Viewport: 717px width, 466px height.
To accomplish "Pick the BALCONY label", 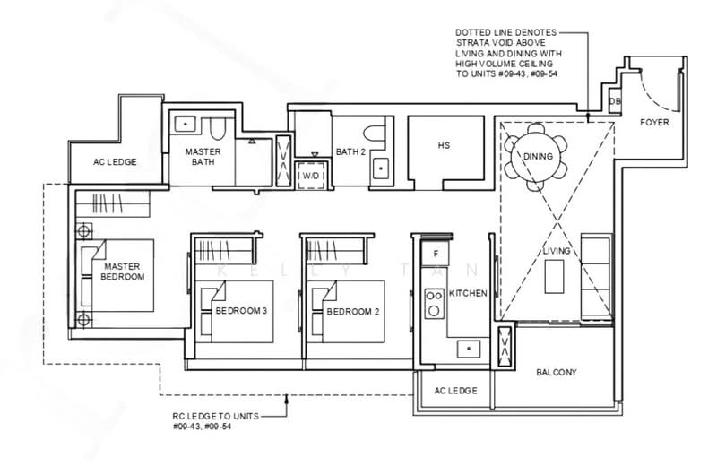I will coord(556,373).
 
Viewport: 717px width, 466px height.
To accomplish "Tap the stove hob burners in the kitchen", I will coord(434,304).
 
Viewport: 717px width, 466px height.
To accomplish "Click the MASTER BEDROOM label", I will coord(124,272).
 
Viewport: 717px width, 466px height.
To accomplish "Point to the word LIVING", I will coord(556,252).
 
